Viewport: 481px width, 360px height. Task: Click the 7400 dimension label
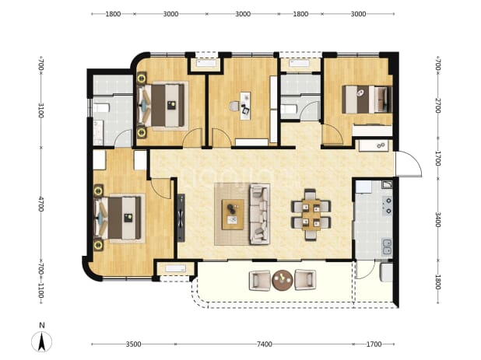[x=264, y=344]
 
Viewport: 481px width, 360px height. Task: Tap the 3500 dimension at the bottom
[x=133, y=344]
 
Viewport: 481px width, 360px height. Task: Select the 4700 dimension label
[x=41, y=204]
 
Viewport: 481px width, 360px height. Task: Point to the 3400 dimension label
[x=437, y=219]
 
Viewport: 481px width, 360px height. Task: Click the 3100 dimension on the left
[x=41, y=110]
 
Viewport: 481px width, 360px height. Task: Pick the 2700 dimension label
[x=437, y=106]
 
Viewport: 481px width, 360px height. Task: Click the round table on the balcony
[x=283, y=280]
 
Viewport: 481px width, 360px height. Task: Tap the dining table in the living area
[x=311, y=215]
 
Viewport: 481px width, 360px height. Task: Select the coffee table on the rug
[x=233, y=215]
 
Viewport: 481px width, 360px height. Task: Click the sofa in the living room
[x=259, y=214]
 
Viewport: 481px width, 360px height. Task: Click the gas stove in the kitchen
[x=387, y=205]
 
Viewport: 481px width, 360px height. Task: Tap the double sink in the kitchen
[x=387, y=247]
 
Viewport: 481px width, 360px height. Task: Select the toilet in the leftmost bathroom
[x=101, y=108]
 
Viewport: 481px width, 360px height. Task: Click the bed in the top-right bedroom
[x=367, y=100]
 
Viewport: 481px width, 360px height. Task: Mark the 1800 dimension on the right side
[x=437, y=282]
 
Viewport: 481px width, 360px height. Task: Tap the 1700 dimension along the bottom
[x=374, y=344]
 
